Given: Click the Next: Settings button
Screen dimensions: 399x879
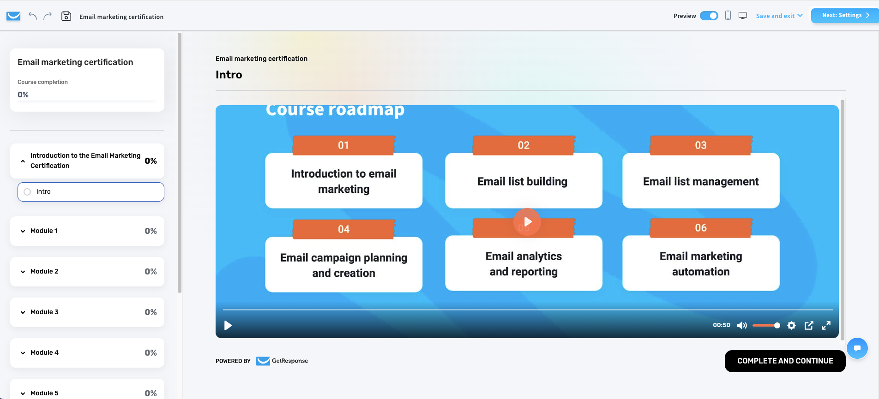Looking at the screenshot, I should tap(844, 15).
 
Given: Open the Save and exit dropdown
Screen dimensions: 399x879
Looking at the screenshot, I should tap(779, 16).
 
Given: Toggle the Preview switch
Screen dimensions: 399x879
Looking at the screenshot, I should tap(709, 16).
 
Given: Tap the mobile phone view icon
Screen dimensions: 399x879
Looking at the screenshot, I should tap(728, 16).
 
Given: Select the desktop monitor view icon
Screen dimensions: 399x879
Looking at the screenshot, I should tap(743, 16).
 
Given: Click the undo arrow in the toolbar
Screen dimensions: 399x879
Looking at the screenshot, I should tap(32, 16).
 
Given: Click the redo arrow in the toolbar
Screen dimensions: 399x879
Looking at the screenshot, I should tap(48, 16).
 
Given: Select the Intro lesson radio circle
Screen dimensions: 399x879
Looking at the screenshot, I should tap(27, 192).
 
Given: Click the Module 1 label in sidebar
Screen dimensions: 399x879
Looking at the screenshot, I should tap(44, 231).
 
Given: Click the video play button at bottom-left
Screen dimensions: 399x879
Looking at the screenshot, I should tap(228, 326).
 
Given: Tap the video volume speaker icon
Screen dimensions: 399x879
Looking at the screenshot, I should tap(742, 326).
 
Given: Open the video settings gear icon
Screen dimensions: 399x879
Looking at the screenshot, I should tap(791, 326).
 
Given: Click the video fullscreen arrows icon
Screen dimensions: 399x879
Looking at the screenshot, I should tap(826, 326).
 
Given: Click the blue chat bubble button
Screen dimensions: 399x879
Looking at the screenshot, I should tap(857, 348).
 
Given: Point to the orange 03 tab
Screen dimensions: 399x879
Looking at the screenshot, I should tap(701, 145).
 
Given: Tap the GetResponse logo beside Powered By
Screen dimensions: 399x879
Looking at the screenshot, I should tap(282, 361).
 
